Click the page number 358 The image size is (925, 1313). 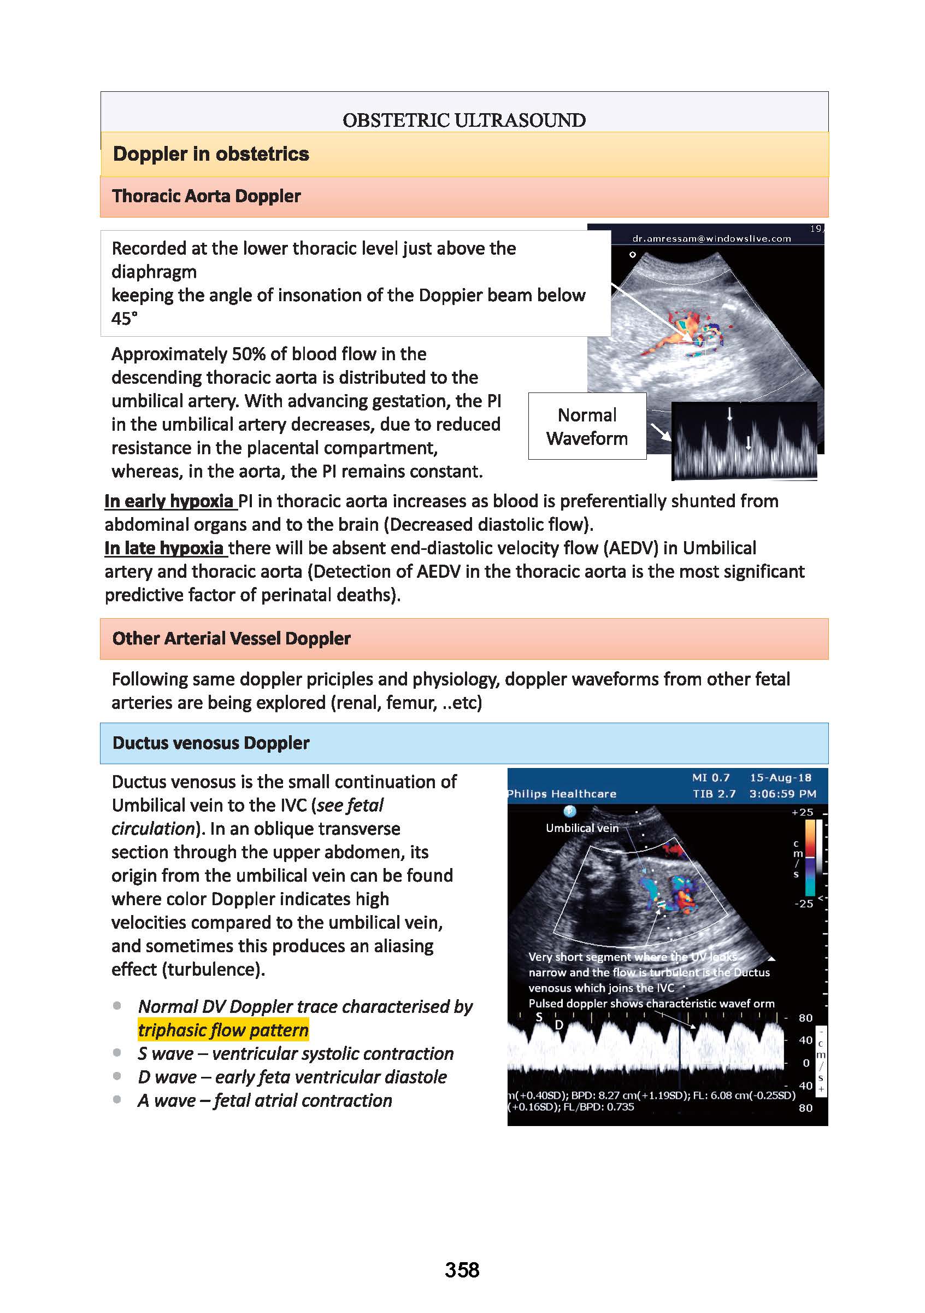click(x=462, y=1269)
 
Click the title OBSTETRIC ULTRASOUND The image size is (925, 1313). click(x=464, y=120)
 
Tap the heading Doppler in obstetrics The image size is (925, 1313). click(x=211, y=154)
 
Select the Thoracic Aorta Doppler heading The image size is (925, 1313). click(x=207, y=196)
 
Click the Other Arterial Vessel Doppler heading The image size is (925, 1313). click(x=231, y=638)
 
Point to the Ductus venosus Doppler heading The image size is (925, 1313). click(x=211, y=743)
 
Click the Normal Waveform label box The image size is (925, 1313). click(x=587, y=426)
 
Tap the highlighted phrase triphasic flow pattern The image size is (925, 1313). click(x=223, y=1030)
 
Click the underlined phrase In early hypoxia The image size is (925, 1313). click(x=169, y=501)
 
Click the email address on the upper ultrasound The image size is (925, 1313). click(x=712, y=238)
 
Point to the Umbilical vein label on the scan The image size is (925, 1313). click(x=582, y=828)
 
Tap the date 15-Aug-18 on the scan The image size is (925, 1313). click(x=780, y=778)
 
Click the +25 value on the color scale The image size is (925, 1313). click(x=802, y=812)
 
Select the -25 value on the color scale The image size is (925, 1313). click(x=803, y=904)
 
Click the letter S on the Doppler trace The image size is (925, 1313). click(x=539, y=1016)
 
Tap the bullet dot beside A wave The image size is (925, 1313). click(x=117, y=1099)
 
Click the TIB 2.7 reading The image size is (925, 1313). click(x=714, y=794)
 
